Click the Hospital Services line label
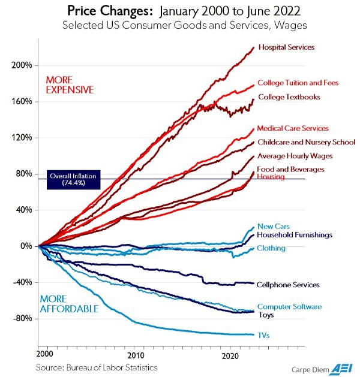pos(286,47)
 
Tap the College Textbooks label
pos(289,96)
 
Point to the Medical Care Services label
pos(292,128)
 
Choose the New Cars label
pos(274,226)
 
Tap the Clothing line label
pos(271,248)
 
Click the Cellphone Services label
pos(287,285)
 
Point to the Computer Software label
pos(289,306)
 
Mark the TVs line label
pos(263,336)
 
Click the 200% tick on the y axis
pos(22,65)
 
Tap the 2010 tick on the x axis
pos(136,355)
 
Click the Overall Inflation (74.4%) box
pos(73,180)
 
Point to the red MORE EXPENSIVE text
pos(71,85)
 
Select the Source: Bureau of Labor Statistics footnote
pos(96,366)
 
